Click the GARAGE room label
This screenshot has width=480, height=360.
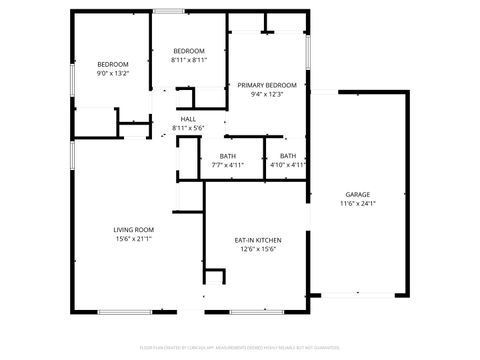click(x=358, y=194)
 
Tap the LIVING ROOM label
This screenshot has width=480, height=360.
click(x=133, y=229)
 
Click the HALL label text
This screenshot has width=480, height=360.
click(x=188, y=119)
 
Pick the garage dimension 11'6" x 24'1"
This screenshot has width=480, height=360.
click(x=358, y=203)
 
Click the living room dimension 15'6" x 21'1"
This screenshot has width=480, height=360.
click(x=133, y=238)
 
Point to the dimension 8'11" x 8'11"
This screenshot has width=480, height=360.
click(x=189, y=60)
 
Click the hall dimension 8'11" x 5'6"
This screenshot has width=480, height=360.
click(x=188, y=128)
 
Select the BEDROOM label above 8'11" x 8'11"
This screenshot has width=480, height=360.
click(x=189, y=51)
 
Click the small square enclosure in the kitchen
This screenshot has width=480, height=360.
click(x=214, y=277)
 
